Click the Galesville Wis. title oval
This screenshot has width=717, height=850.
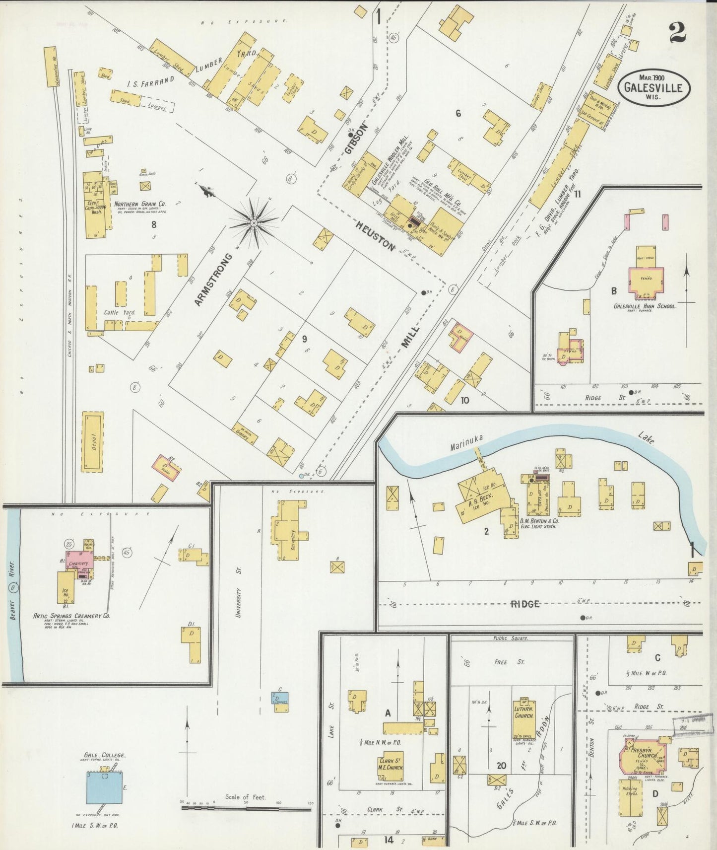pyautogui.click(x=653, y=87)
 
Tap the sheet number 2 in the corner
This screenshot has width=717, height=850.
pyautogui.click(x=677, y=33)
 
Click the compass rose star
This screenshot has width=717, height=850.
pyautogui.click(x=254, y=224)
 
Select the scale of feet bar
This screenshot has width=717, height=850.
pyautogui.click(x=246, y=808)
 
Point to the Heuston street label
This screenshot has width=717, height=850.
pyautogui.click(x=376, y=236)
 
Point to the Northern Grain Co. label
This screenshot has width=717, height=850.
pyautogui.click(x=140, y=204)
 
